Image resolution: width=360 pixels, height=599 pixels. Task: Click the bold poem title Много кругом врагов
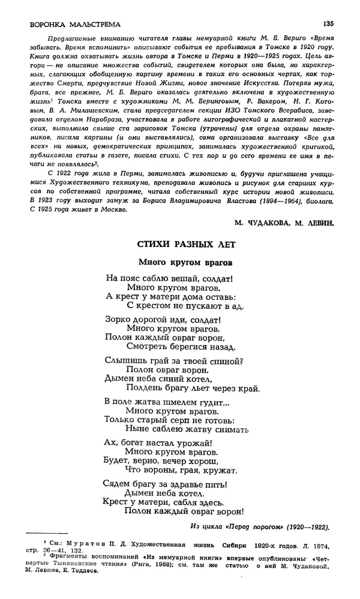(185, 262)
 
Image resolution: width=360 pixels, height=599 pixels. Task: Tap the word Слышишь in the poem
(124, 360)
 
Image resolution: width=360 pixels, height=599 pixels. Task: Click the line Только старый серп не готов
(169, 420)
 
